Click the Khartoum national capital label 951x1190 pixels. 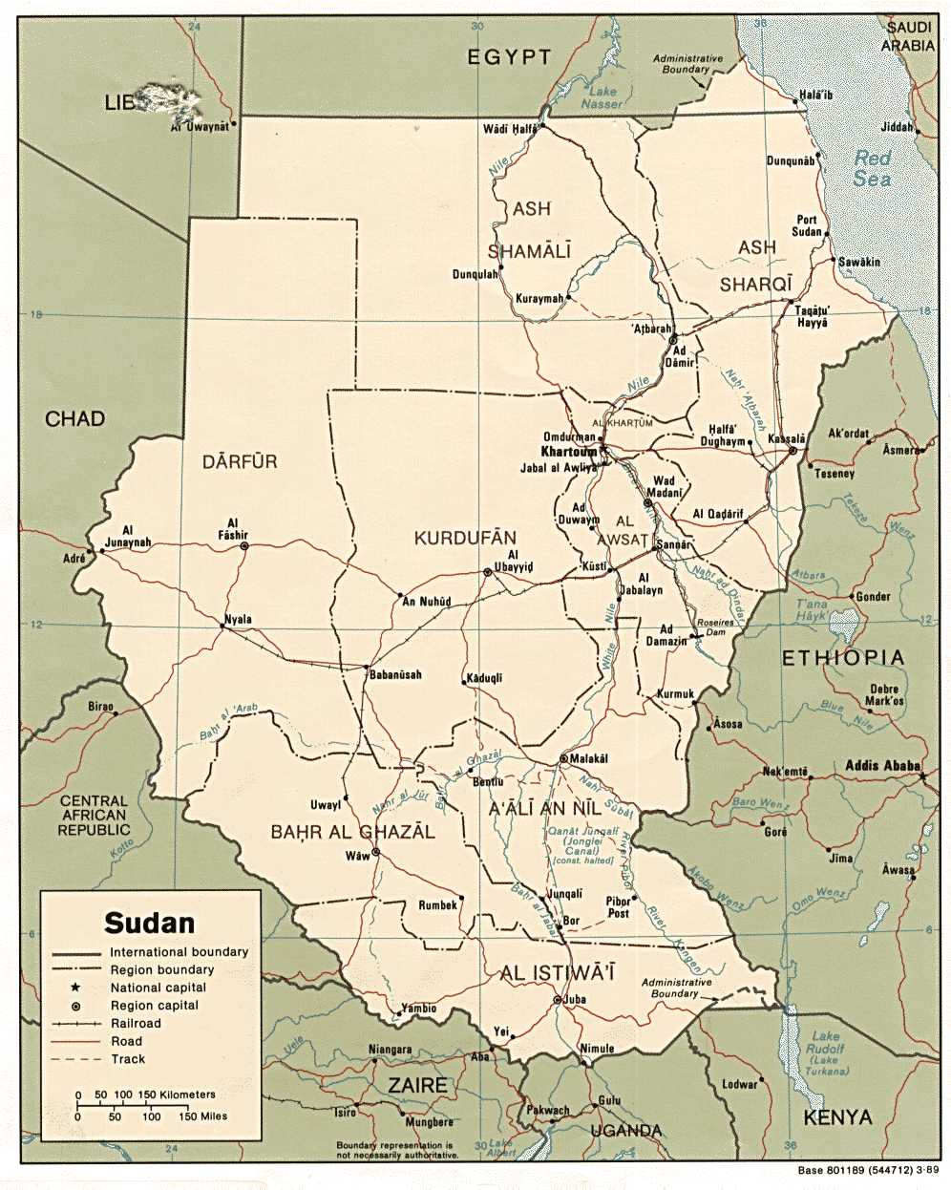568,452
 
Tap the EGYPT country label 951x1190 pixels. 508,57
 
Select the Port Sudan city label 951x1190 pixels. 807,225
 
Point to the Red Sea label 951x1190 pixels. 872,168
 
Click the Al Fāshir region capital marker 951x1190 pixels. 244,546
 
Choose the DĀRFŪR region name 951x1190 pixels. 240,462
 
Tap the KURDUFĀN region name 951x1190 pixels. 465,539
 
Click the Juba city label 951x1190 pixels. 575,1000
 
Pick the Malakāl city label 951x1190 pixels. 589,758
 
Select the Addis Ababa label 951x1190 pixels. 882,766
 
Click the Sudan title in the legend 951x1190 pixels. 149,923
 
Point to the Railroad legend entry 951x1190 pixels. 136,1023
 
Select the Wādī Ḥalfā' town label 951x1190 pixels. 510,129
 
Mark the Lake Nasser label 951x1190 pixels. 602,97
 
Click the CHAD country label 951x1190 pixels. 74,418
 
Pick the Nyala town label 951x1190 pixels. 238,620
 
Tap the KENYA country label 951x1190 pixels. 837,1116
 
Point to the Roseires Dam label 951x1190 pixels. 715,627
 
